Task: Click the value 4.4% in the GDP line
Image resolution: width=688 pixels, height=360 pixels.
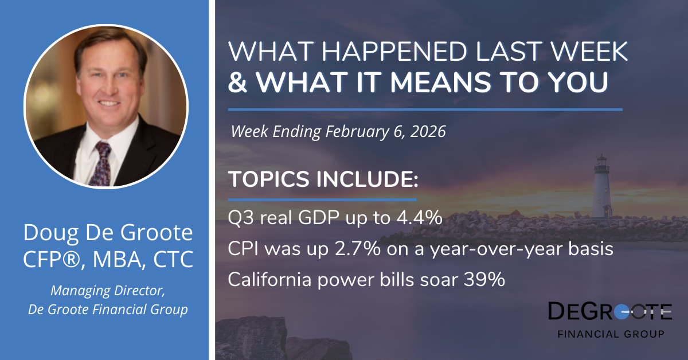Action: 420,218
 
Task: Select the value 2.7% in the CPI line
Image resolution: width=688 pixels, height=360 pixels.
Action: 358,249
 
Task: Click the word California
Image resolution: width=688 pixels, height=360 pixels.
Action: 270,280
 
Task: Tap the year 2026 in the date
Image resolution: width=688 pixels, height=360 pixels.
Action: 428,131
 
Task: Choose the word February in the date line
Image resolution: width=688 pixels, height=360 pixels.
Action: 357,132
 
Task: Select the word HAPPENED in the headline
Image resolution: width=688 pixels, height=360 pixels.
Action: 394,51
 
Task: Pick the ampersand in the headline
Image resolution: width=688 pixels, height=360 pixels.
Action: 238,82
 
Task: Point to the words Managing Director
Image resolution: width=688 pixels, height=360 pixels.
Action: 108,291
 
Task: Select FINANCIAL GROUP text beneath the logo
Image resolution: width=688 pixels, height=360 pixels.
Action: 611,334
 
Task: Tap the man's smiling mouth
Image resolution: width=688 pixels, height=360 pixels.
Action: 108,104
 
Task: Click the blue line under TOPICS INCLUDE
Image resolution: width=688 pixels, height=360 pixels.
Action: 322,200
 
